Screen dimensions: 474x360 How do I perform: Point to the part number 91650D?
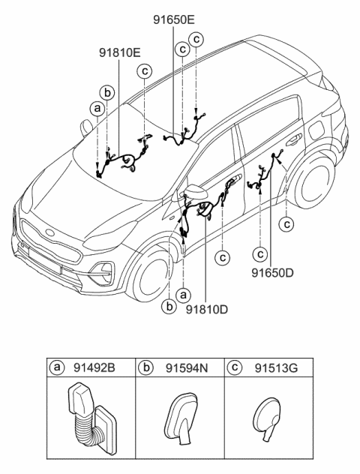pos(273,274)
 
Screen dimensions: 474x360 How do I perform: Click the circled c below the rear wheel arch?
pos(286,223)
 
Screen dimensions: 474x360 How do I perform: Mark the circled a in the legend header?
pos(56,367)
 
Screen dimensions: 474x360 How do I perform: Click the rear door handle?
pos(291,138)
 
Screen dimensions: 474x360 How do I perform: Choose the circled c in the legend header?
pos(235,367)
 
